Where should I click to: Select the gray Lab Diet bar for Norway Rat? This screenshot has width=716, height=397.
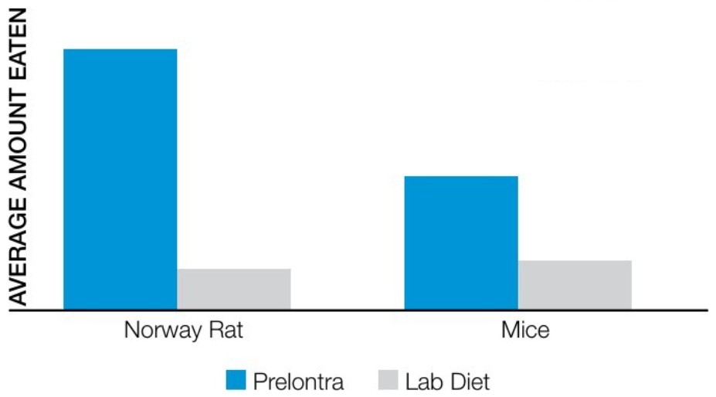[x=233, y=290]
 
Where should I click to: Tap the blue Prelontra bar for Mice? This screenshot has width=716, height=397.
[x=460, y=243]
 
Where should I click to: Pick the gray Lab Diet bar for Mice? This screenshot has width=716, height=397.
[x=575, y=285]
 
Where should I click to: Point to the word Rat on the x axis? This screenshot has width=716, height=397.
[x=226, y=331]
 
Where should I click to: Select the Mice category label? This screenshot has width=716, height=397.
[x=525, y=331]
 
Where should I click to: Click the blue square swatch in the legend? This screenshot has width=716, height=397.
[x=236, y=381]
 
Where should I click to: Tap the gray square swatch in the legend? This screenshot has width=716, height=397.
[x=389, y=381]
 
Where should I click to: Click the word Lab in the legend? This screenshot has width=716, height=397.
[x=424, y=382]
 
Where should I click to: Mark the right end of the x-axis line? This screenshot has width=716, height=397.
[x=707, y=310]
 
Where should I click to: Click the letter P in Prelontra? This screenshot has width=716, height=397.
[x=260, y=382]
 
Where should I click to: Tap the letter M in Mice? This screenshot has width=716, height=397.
[x=511, y=331]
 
